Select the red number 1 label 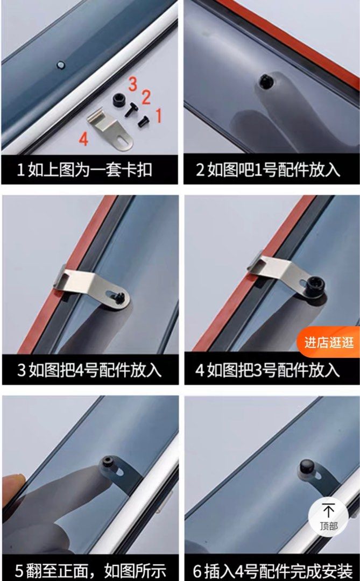click(x=158, y=115)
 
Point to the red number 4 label click(x=83, y=139)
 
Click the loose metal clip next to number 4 click(x=111, y=130)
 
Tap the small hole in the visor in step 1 click(x=60, y=64)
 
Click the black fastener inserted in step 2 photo click(x=266, y=81)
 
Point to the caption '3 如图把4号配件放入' click(x=90, y=370)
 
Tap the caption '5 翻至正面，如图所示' click(x=90, y=569)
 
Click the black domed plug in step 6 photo click(x=307, y=465)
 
